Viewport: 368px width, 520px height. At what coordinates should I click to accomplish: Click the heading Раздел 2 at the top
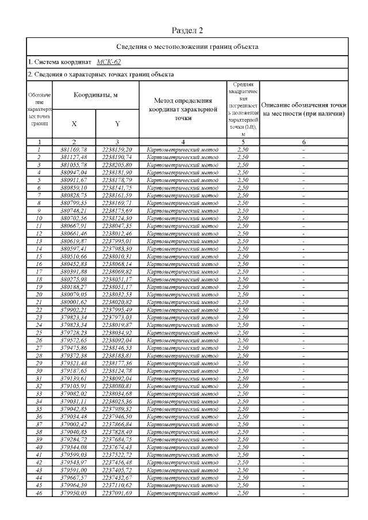[x=187, y=30]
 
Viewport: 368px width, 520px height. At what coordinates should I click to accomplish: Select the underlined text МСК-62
[x=109, y=61]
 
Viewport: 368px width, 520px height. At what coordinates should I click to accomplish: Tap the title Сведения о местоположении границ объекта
[x=187, y=46]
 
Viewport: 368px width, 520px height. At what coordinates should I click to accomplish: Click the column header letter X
[x=74, y=124]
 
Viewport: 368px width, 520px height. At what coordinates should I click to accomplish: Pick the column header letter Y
[x=117, y=124]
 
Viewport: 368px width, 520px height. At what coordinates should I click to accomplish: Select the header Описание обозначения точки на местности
[x=304, y=109]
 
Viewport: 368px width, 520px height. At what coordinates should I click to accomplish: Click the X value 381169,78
[x=74, y=149]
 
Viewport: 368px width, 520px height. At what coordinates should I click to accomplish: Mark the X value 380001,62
[x=74, y=302]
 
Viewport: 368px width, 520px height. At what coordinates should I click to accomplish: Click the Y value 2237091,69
[x=117, y=493]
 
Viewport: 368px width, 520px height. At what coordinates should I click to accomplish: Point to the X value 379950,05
[x=74, y=493]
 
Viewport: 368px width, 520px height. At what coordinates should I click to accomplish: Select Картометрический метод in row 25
[x=183, y=333]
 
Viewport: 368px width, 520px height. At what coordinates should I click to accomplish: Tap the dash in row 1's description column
[x=304, y=149]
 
